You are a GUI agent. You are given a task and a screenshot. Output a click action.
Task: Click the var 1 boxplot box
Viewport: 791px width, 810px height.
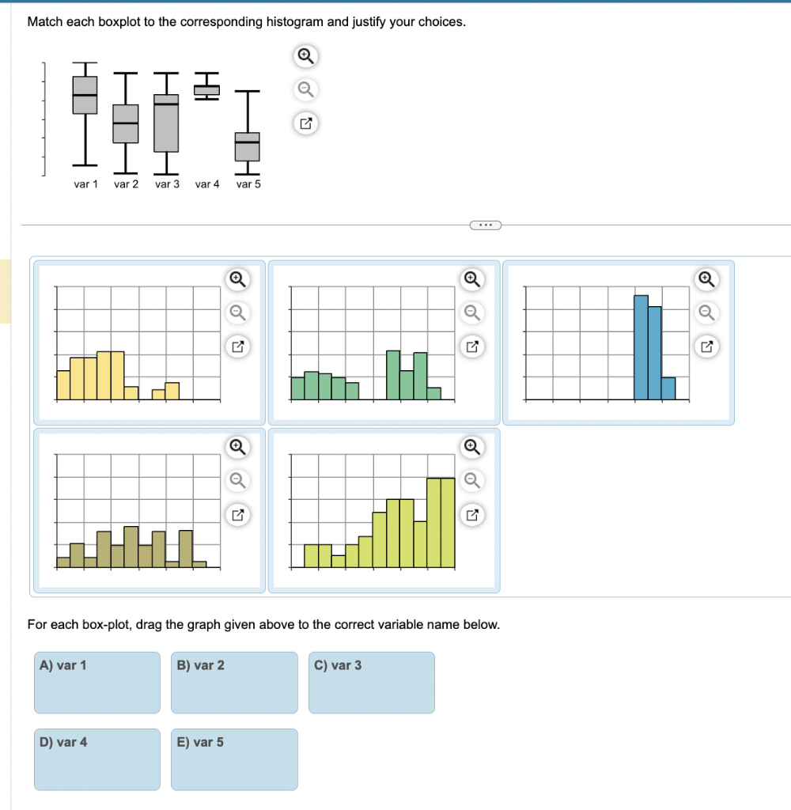click(85, 94)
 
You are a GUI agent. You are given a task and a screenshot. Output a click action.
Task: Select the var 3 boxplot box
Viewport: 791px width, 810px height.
click(166, 123)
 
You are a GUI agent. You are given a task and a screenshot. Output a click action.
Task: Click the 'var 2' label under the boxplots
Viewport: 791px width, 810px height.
click(126, 184)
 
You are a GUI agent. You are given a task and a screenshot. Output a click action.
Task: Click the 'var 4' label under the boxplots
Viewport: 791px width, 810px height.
click(207, 184)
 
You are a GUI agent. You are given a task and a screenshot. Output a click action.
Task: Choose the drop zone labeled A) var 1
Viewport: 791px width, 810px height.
click(97, 682)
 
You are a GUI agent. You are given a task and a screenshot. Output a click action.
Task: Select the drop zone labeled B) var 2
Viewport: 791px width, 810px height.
click(234, 682)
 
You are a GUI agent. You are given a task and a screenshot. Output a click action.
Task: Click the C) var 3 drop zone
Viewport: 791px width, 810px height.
click(371, 682)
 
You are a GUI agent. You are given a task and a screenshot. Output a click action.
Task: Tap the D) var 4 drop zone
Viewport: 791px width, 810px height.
click(97, 759)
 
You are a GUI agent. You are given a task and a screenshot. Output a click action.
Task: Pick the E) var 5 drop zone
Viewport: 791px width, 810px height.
click(234, 759)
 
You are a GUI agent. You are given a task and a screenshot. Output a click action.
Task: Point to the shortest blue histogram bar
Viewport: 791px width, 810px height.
click(668, 388)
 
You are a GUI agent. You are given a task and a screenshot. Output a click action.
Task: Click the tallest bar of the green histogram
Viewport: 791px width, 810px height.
click(392, 375)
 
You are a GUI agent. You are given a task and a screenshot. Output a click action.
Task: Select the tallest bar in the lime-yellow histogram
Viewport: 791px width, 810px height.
click(441, 522)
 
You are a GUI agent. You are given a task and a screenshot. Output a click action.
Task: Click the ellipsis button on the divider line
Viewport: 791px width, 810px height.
click(486, 225)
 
